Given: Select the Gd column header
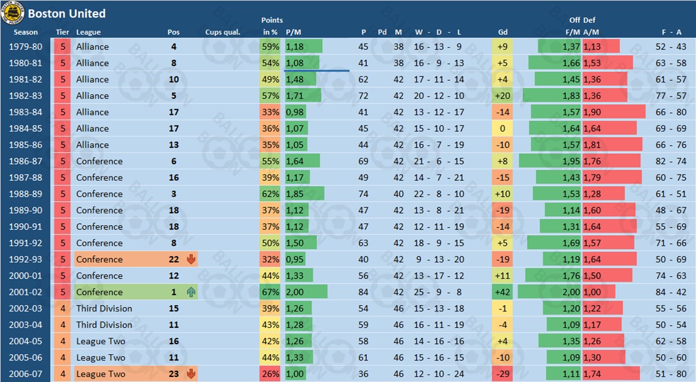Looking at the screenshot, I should click(502, 32).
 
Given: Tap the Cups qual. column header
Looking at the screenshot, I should click(223, 32).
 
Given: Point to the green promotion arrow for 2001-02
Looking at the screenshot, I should click(191, 292).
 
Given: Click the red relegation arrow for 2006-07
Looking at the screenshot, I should click(191, 374).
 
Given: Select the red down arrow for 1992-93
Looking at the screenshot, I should click(191, 259).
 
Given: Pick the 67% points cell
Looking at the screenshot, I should click(270, 292).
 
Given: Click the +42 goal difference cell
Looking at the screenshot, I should click(502, 292).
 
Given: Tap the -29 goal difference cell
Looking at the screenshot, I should click(502, 374).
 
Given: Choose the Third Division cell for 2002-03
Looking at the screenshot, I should click(104, 308).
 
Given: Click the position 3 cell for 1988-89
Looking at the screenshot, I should click(173, 194).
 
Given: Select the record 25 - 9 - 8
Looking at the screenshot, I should click(438, 292).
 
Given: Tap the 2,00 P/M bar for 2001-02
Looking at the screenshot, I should click(306, 292).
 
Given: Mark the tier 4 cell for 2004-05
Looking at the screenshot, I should click(62, 341).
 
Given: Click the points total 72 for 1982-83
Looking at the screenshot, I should click(364, 95).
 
